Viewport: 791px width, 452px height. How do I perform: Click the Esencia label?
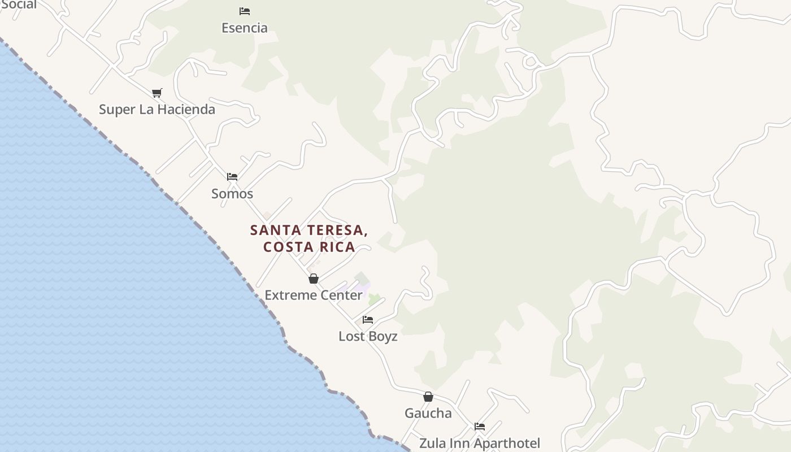244,28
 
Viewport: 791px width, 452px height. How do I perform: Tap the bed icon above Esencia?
245,11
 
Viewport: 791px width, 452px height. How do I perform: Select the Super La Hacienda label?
157,109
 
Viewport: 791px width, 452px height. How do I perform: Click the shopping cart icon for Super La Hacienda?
157,93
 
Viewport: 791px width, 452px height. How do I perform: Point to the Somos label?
232,193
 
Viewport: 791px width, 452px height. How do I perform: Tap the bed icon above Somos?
232,176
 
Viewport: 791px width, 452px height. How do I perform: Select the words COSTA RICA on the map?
309,247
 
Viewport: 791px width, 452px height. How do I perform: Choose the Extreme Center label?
313,295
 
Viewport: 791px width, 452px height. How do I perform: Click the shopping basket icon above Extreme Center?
314,279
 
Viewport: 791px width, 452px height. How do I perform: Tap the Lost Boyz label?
368,336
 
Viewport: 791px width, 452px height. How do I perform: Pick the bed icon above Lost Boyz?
368,320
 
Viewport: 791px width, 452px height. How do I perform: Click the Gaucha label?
428,413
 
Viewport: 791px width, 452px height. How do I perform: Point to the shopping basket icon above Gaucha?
428,397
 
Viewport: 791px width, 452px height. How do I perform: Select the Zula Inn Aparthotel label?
479,444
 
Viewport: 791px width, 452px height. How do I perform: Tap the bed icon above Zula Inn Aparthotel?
480,427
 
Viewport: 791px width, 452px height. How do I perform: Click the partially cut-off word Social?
18,5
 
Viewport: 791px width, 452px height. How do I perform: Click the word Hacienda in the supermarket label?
186,109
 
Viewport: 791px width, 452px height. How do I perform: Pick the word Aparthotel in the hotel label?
507,444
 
